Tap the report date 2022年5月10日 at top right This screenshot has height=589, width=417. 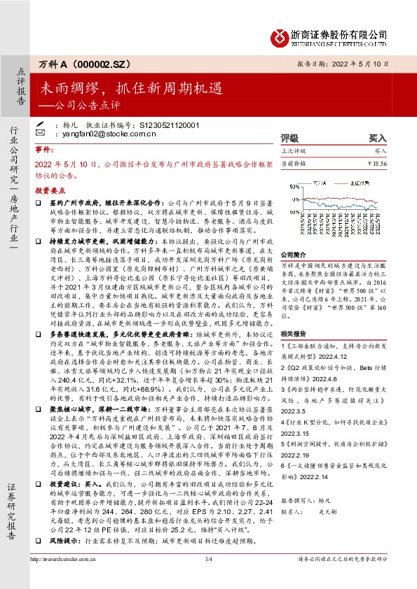(x=365, y=64)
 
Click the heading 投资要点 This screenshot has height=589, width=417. (x=48, y=190)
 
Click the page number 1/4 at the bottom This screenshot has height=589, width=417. (x=208, y=578)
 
